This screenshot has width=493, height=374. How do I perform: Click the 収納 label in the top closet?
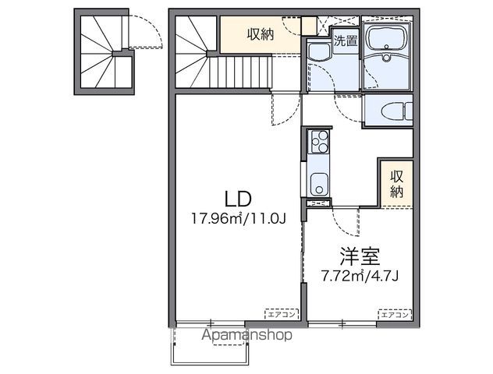(261, 34)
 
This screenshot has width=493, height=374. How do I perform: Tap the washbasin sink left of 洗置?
(318, 52)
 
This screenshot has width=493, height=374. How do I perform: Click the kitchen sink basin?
(318, 185)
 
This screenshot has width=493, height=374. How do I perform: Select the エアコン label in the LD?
(280, 314)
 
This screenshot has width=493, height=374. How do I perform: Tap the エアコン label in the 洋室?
(394, 314)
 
